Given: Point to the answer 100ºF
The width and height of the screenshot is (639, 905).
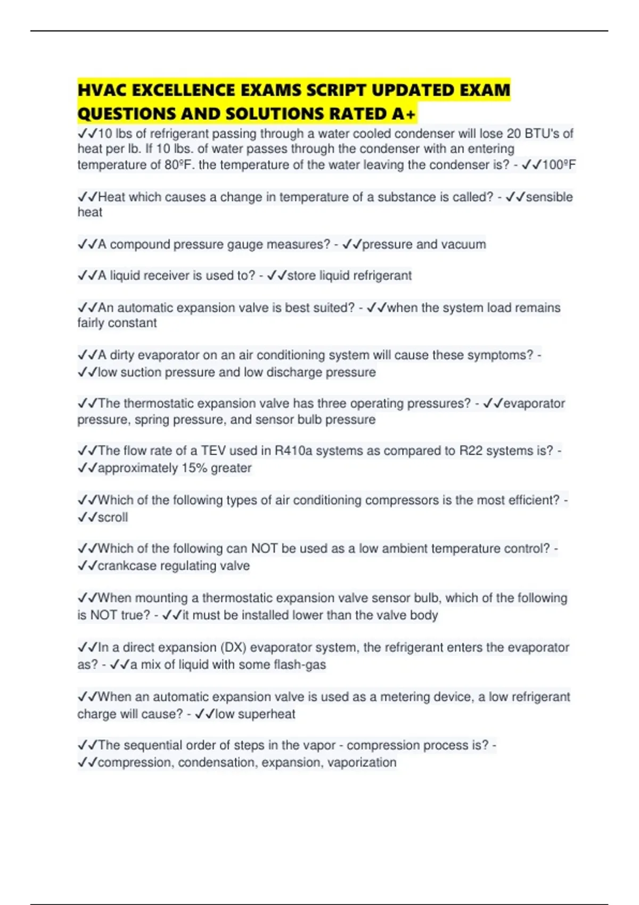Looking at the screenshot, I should (559, 165).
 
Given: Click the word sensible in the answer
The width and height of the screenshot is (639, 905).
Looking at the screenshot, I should (550, 197).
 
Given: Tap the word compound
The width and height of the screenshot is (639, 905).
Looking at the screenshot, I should (140, 244).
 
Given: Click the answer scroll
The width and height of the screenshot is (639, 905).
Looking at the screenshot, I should (113, 517).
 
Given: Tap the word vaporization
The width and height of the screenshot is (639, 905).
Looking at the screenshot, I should (362, 762).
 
